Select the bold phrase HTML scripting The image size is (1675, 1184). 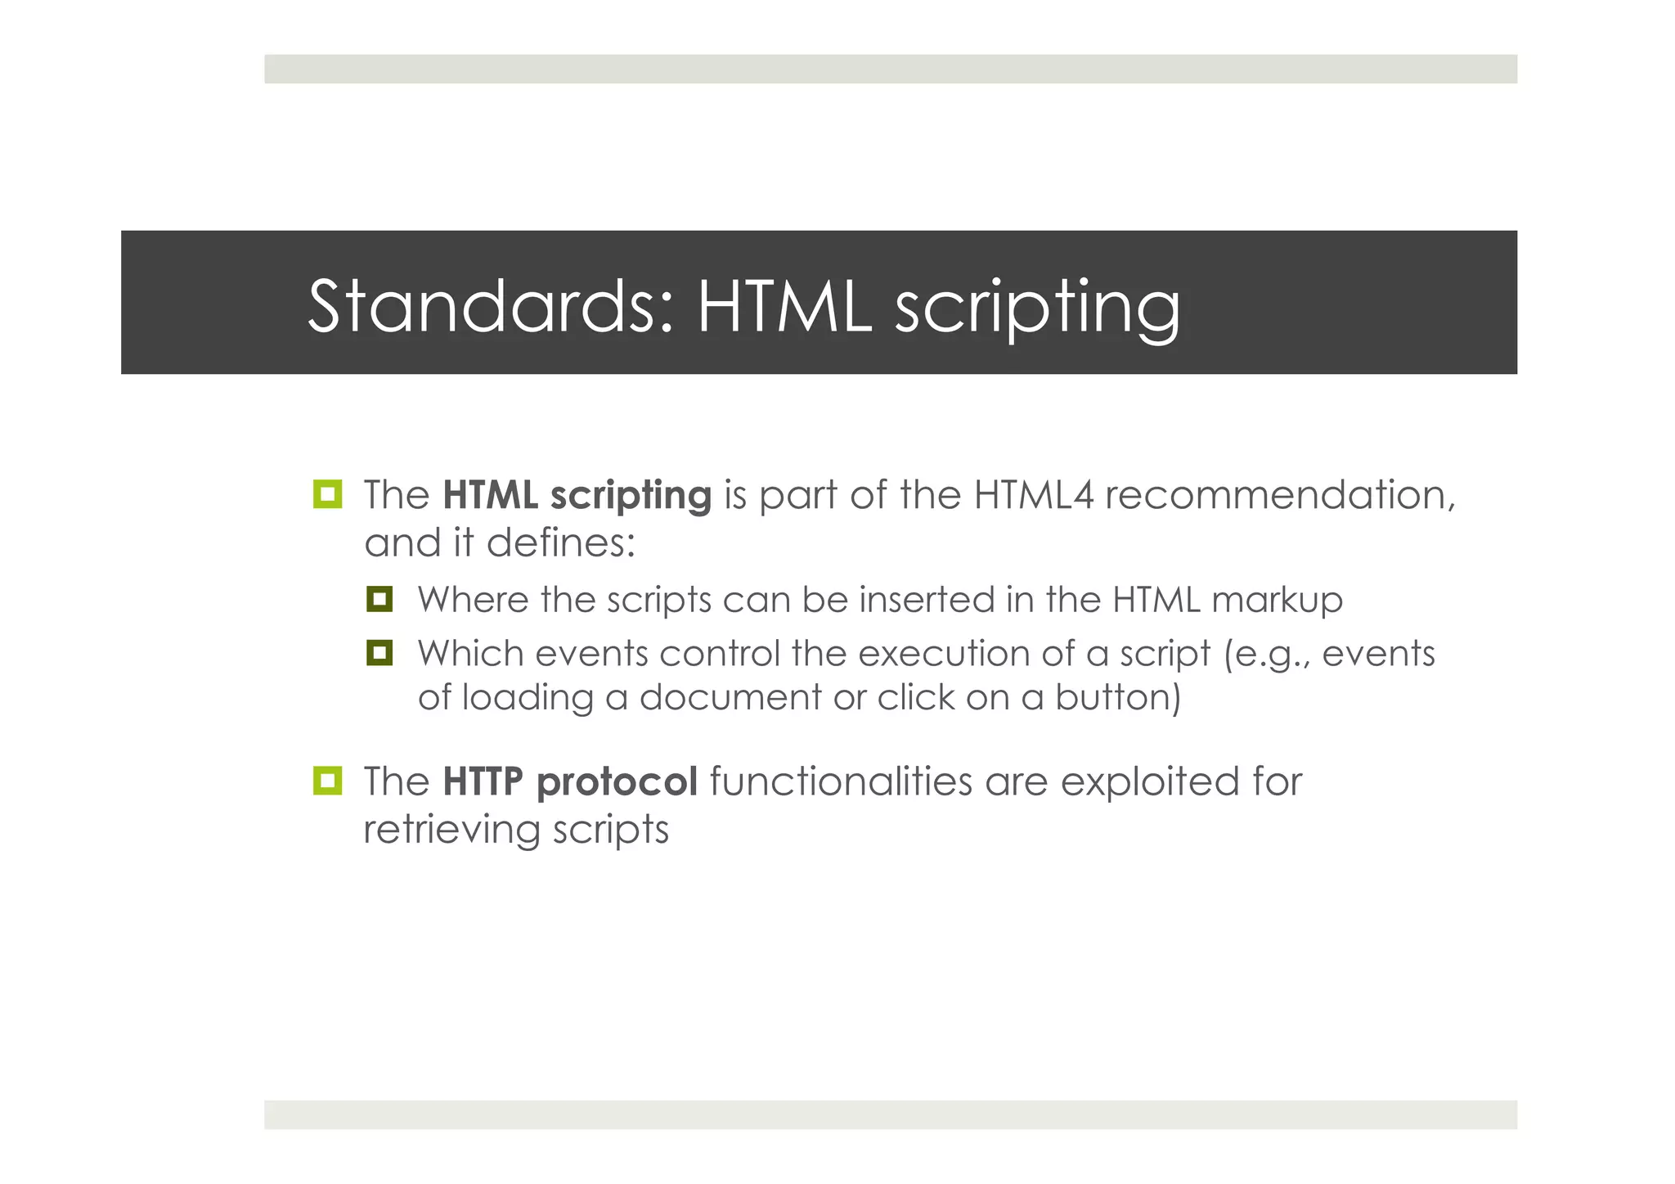tap(577, 495)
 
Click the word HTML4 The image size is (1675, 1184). tap(1033, 495)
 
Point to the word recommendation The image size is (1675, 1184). tap(1279, 495)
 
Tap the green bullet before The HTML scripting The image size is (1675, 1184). tap(327, 494)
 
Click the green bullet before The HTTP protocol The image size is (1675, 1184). tap(327, 781)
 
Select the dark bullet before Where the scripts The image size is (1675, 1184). tap(379, 599)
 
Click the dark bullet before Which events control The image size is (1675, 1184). tap(379, 652)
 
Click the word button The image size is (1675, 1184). tap(1117, 697)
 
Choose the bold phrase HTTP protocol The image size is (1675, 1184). tap(570, 781)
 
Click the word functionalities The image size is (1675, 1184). tap(841, 781)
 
